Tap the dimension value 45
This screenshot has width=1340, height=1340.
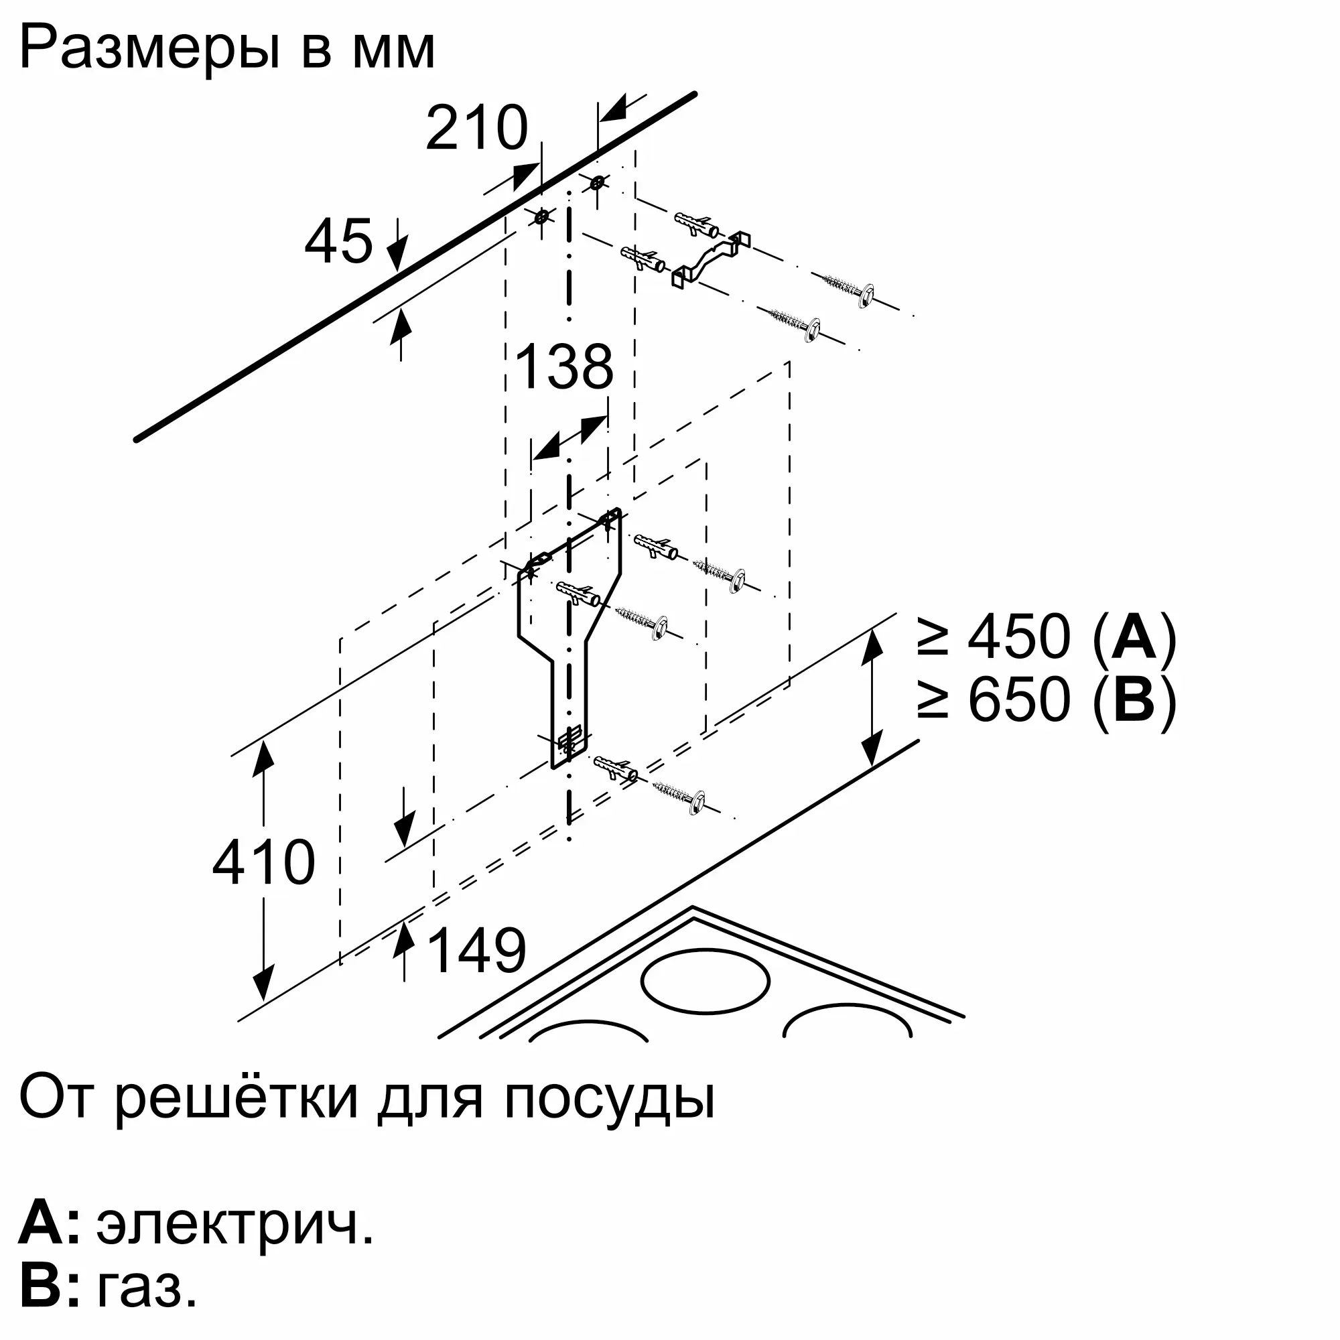point(338,241)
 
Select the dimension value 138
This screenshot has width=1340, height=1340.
point(564,367)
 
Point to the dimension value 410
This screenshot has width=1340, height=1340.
point(263,862)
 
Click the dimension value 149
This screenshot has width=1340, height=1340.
point(476,949)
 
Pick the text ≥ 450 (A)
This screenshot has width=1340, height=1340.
point(1047,636)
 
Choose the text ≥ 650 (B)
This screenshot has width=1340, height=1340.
point(1047,699)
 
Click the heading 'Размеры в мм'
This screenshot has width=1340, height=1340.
point(228,48)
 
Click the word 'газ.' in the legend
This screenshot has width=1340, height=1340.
point(147,1287)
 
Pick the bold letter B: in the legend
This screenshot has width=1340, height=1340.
point(48,1287)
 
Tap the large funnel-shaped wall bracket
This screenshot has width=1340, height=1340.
point(569,624)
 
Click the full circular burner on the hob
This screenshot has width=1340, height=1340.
point(705,981)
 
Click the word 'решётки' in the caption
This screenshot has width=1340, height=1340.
point(237,1097)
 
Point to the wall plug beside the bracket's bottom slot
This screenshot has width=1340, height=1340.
point(616,768)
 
